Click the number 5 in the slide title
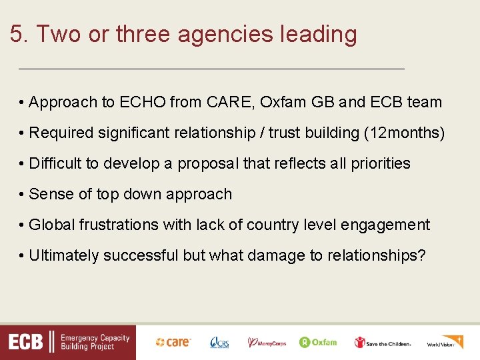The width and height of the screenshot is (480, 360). pos(17,34)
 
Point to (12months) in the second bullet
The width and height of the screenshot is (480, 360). pos(404,133)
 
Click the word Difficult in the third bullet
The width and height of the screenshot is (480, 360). pos(56,163)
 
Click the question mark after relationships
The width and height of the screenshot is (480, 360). pos(421,255)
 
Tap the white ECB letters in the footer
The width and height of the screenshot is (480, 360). pos(25,343)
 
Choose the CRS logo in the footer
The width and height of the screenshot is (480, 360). pos(219,342)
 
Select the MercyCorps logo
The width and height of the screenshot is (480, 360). pos(267,342)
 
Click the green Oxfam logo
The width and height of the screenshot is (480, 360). pos(318,342)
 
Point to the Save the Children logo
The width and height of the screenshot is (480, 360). pos(382,342)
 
